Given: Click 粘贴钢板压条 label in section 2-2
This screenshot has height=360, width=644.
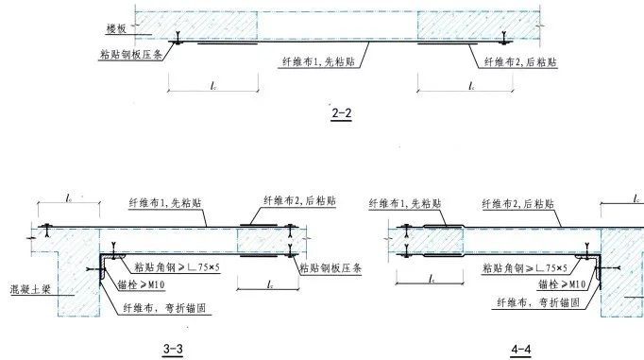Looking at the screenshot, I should point(133,55).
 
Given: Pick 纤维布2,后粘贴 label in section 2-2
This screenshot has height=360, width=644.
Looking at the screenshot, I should point(518,60).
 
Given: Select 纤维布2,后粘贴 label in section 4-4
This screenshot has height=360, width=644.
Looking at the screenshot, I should point(518,203).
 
